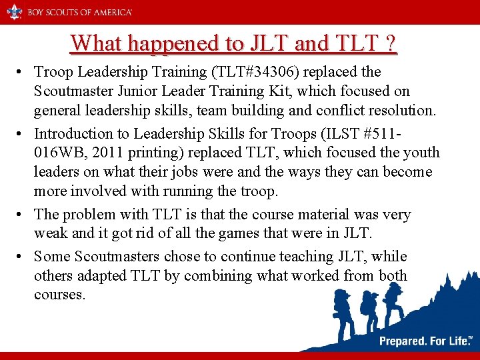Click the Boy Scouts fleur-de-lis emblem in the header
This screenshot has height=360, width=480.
pos(15,11)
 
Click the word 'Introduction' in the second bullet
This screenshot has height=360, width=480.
pos(75,133)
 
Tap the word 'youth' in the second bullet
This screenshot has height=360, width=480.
pos(414,153)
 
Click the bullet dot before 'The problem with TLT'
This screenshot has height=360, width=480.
pos(22,215)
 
